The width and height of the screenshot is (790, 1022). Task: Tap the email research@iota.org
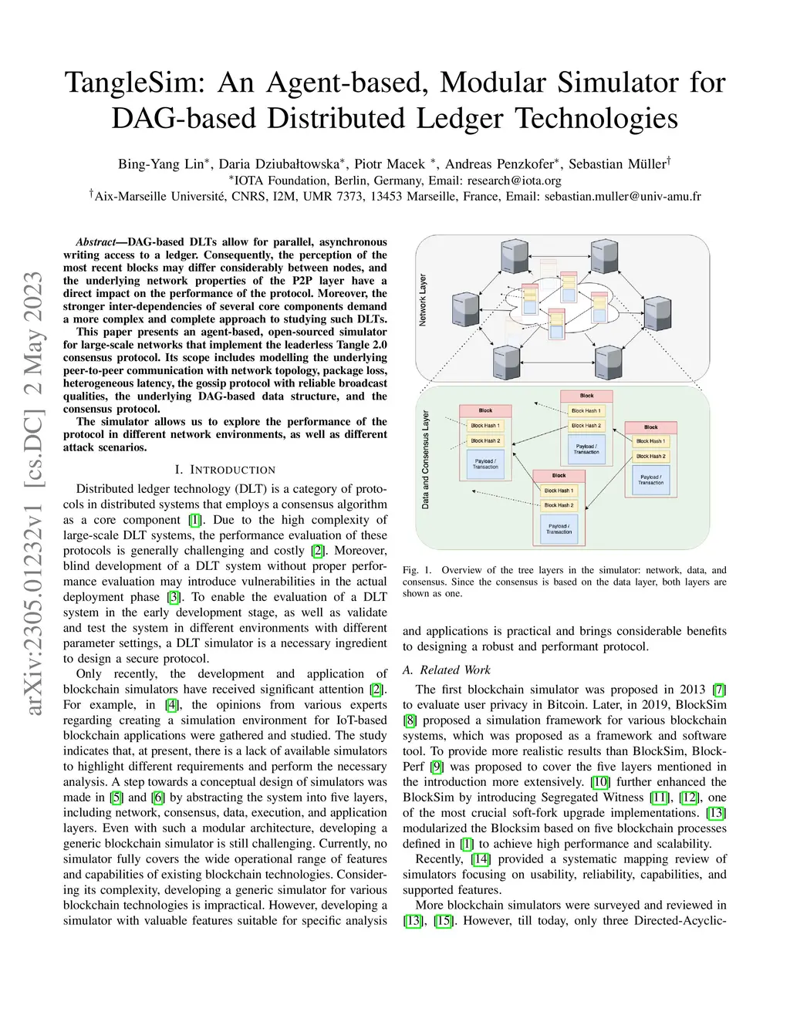point(514,180)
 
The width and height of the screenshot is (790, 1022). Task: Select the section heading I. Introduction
point(225,470)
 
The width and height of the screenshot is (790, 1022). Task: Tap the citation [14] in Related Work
point(481,858)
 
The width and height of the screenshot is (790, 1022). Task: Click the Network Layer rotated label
point(423,300)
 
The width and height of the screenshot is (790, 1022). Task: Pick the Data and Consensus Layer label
point(426,460)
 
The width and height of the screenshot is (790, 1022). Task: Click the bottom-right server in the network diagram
point(609,362)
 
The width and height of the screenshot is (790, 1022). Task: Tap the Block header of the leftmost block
point(486,410)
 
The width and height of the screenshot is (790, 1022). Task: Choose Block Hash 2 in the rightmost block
point(650,456)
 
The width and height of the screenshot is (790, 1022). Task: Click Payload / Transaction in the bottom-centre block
point(559,529)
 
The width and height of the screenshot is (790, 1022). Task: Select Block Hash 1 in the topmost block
point(586,410)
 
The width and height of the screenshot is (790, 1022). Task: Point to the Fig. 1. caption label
point(413,570)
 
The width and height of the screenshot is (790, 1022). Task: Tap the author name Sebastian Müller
point(618,164)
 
